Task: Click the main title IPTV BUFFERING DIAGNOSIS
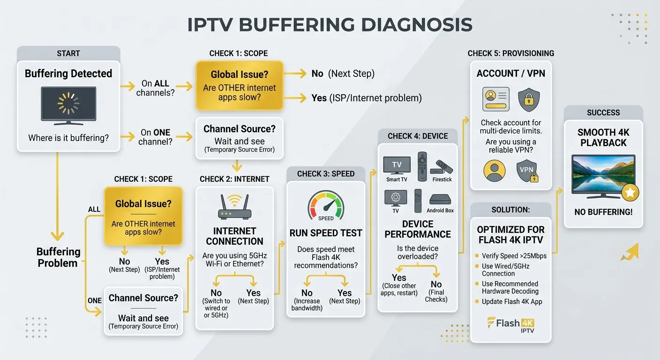coord(330,24)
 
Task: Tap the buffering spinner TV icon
coord(68,105)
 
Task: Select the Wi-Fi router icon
coord(234,207)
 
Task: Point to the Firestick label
coord(442,180)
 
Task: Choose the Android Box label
coord(440,210)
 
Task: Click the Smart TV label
coord(397,180)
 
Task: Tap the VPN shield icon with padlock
coord(527,171)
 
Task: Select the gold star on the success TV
coord(630,193)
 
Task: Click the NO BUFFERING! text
coord(603,212)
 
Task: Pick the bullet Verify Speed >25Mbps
coord(511,256)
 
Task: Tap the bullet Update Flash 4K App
coord(509,302)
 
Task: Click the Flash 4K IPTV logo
coord(511,325)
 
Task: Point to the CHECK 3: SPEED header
coord(326,174)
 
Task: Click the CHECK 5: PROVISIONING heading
coord(511,53)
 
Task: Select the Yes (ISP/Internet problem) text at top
coord(367,98)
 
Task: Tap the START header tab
coord(68,53)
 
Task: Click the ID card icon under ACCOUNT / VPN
coord(496,99)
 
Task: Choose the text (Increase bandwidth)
coord(307,305)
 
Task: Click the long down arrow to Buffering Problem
coord(58,196)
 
